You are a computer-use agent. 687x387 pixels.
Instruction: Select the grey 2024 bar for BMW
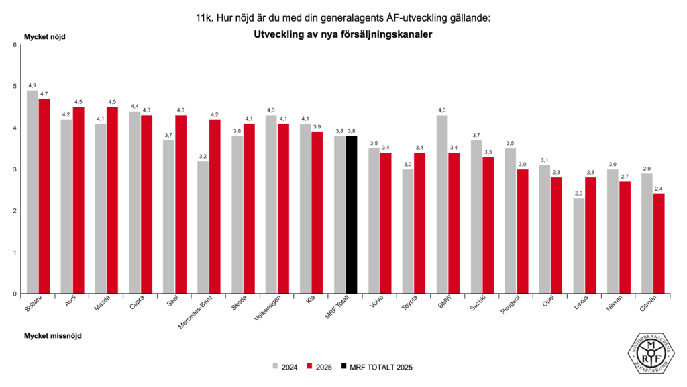pos(442,204)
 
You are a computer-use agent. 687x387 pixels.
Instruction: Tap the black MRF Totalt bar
pos(352,214)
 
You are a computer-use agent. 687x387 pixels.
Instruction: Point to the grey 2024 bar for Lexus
pos(578,246)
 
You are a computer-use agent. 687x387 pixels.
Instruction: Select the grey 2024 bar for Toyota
pos(408,231)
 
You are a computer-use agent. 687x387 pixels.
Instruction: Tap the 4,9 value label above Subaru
pos(32,85)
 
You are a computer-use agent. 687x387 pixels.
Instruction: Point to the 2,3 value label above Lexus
pos(578,193)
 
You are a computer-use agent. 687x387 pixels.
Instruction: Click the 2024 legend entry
pos(284,367)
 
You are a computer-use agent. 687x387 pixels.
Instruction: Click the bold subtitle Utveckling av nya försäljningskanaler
pos(343,34)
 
